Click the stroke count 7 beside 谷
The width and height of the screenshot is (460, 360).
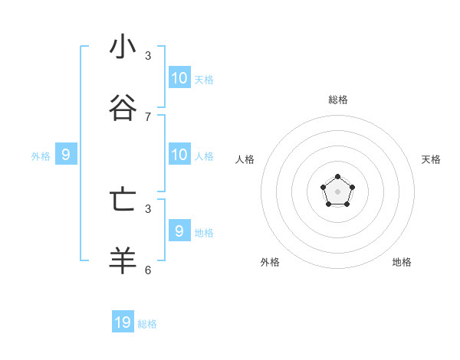point(148,116)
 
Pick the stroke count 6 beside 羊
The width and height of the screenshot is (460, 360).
point(148,270)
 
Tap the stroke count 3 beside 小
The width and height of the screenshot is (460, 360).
point(148,55)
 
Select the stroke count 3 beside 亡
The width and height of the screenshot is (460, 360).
point(148,208)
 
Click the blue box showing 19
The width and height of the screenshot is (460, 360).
point(123,322)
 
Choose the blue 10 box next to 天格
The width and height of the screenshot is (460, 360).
point(179,77)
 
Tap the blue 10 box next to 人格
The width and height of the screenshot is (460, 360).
point(179,155)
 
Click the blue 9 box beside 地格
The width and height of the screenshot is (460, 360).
point(179,231)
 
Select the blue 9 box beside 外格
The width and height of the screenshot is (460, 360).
point(66,155)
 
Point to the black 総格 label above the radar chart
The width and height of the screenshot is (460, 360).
point(338,100)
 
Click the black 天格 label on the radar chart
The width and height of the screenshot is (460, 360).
point(431,159)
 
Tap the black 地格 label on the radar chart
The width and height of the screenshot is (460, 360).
point(402,262)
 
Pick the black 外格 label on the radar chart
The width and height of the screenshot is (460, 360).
point(270,262)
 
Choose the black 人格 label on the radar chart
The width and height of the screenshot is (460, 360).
point(245,159)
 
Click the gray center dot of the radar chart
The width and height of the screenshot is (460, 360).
point(337,191)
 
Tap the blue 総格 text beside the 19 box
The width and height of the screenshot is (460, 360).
point(147,324)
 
